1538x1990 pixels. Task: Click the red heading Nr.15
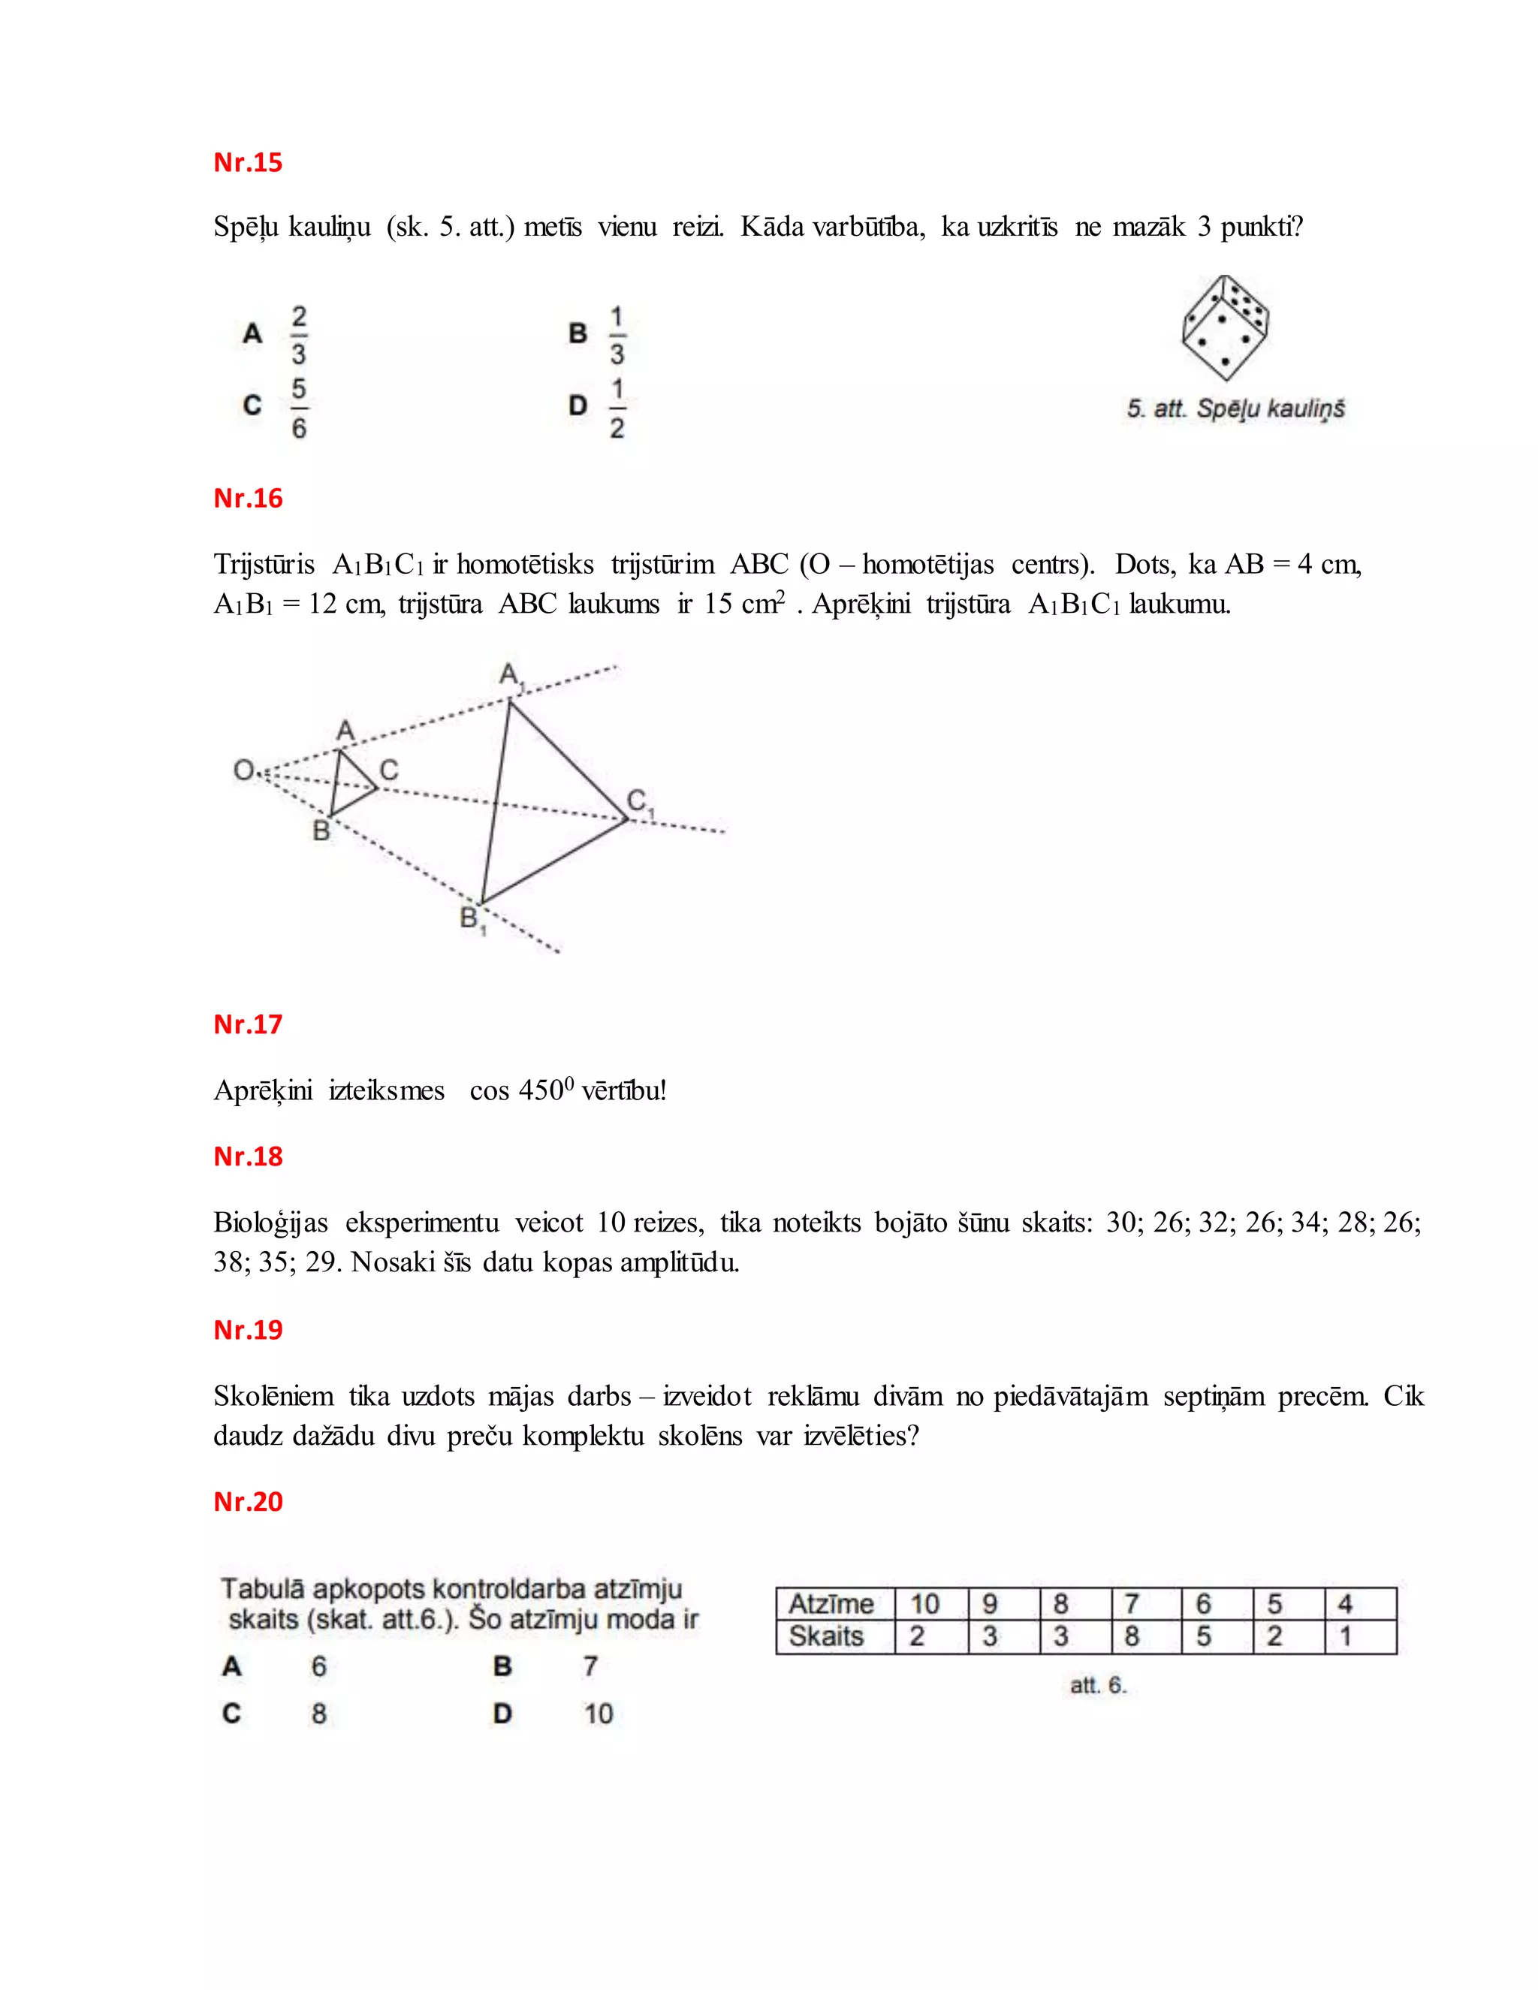point(248,162)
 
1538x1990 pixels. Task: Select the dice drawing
point(1226,328)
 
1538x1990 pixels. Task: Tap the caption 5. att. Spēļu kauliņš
point(1235,409)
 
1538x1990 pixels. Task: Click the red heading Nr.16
point(248,499)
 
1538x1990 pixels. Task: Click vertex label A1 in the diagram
point(511,675)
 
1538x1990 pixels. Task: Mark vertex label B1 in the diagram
point(472,918)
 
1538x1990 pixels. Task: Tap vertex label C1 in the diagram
point(640,803)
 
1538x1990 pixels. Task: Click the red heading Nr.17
point(248,1024)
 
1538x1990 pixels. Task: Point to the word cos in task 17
point(490,1090)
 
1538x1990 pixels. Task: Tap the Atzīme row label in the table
point(831,1604)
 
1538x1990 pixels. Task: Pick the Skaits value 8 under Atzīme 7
point(1132,1636)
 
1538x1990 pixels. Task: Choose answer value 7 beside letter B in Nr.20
point(590,1666)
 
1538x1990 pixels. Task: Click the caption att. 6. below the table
point(1098,1686)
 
